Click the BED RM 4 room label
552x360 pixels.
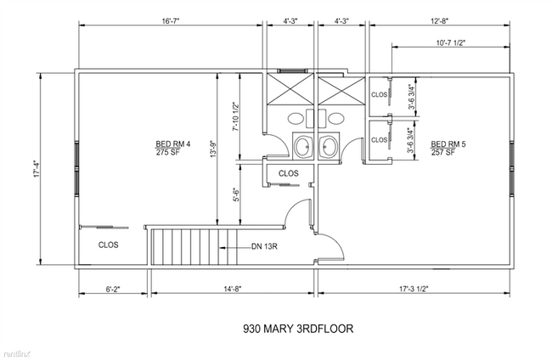[x=172, y=143]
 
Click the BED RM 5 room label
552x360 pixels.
[x=448, y=143]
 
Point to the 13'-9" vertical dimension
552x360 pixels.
[x=217, y=146]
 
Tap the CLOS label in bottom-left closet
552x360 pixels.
[x=109, y=245]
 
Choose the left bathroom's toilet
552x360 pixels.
[x=301, y=146]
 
